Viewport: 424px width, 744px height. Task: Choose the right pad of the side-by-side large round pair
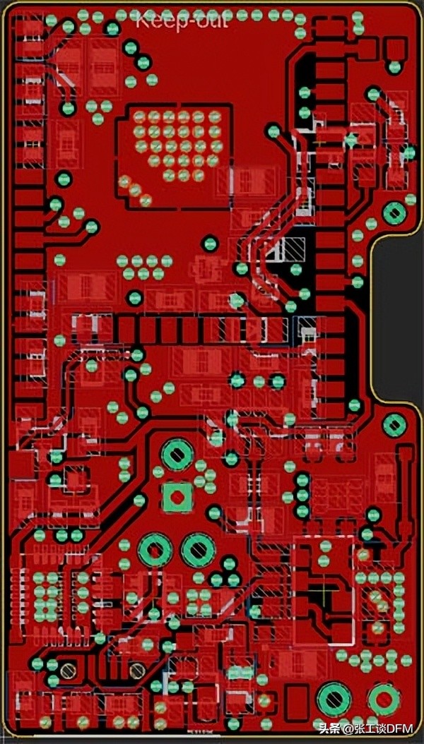pyautogui.click(x=198, y=548)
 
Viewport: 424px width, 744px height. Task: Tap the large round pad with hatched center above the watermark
pyautogui.click(x=334, y=698)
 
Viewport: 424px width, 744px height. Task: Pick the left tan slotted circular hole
pyautogui.click(x=68, y=669)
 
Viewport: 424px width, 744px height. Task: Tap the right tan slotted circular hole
pyautogui.click(x=137, y=669)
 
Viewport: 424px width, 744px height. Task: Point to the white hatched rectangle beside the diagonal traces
pyautogui.click(x=293, y=248)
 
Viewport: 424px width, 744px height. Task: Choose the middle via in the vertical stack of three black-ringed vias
pyautogui.click(x=302, y=496)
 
